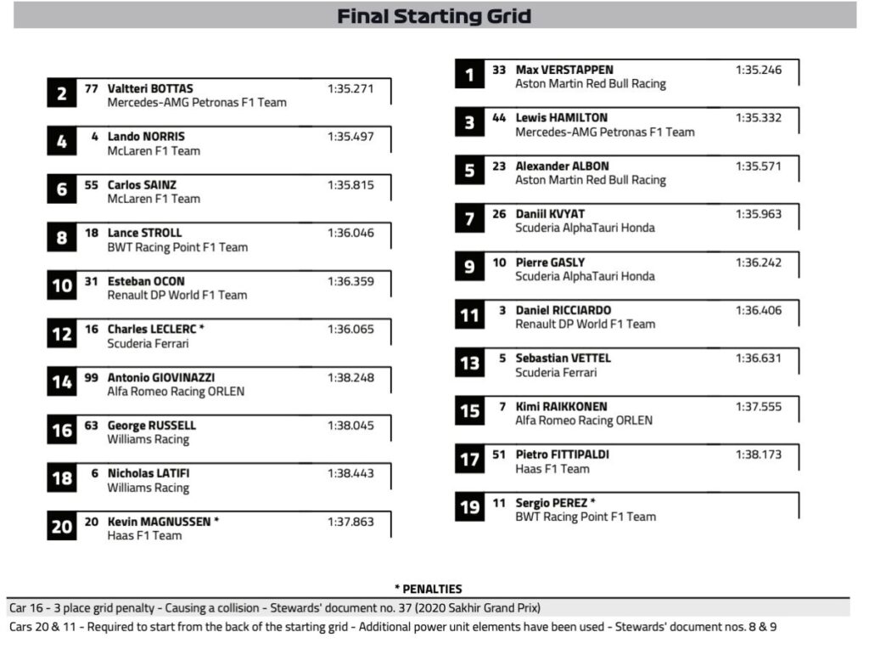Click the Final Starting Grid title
[x=434, y=16]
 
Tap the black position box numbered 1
[x=468, y=76]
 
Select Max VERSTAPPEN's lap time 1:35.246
[x=758, y=70]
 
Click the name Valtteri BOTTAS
[x=150, y=88]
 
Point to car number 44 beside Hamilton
[x=499, y=118]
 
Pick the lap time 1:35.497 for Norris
[x=350, y=137]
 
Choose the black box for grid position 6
[x=62, y=190]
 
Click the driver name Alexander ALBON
[x=562, y=166]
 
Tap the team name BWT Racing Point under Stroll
[x=177, y=247]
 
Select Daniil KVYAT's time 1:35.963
[x=758, y=214]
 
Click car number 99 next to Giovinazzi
[x=92, y=377]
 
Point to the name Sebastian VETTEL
[x=563, y=358]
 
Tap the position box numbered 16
[x=62, y=431]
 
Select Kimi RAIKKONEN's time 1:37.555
[x=758, y=407]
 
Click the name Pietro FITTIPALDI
[x=562, y=454]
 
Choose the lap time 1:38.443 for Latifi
[x=350, y=473]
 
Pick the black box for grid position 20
[x=62, y=527]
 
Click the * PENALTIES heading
[x=428, y=589]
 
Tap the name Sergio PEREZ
[x=552, y=503]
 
